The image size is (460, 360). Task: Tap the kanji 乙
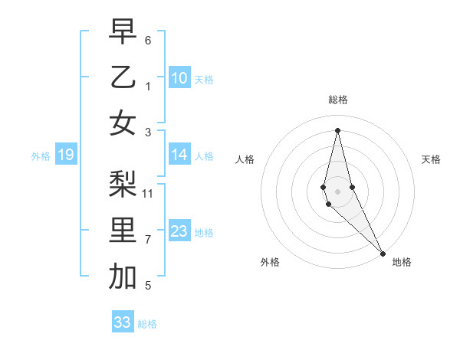click(x=123, y=77)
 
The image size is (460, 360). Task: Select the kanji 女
click(x=123, y=123)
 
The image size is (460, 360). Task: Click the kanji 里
click(x=123, y=231)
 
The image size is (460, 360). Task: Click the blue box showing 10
click(x=179, y=77)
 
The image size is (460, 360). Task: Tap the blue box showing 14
click(x=179, y=155)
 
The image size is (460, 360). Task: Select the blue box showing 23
click(x=179, y=231)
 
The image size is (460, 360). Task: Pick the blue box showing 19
click(x=65, y=155)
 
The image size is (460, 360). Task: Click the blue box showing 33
click(x=123, y=322)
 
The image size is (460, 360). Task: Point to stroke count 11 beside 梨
click(x=149, y=193)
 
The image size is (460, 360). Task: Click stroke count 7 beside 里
click(x=148, y=240)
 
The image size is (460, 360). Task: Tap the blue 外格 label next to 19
click(x=41, y=156)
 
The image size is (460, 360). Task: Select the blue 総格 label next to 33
click(x=147, y=324)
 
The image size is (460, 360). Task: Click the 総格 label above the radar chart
click(x=337, y=100)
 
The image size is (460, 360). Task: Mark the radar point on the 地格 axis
click(x=383, y=253)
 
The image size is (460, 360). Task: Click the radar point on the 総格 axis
click(x=337, y=130)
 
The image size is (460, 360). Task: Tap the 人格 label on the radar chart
click(x=245, y=159)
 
